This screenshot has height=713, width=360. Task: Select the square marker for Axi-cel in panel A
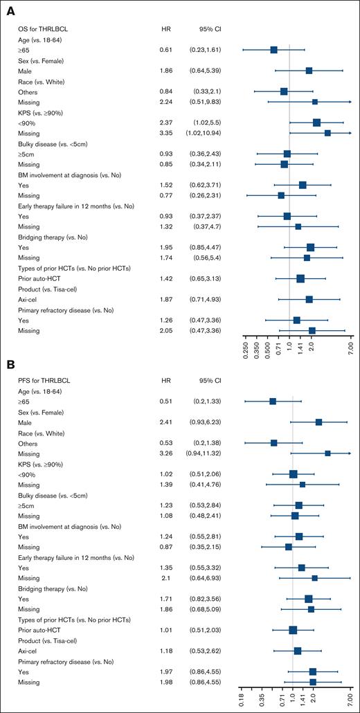309,299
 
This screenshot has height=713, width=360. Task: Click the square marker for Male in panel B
318,422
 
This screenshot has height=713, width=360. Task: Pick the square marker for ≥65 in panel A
273,49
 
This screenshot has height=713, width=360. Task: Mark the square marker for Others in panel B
273,442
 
